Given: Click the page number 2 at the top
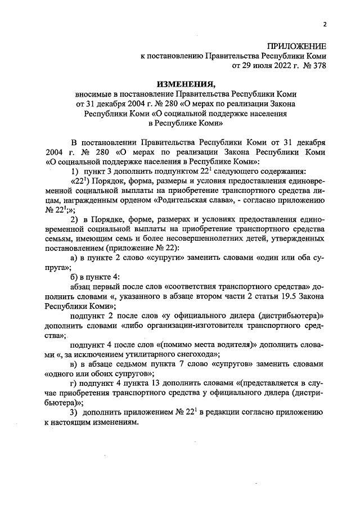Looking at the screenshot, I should click(325, 24).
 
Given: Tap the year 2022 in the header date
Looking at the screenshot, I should click(269, 66).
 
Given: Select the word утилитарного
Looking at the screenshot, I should click(146, 353).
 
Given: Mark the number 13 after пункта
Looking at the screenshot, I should click(144, 382).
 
